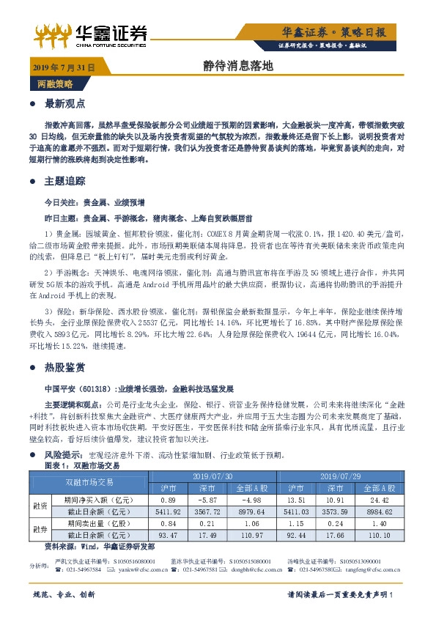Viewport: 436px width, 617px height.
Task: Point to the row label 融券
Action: pos(38,529)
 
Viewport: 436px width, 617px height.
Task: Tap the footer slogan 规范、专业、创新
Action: pos(66,595)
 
